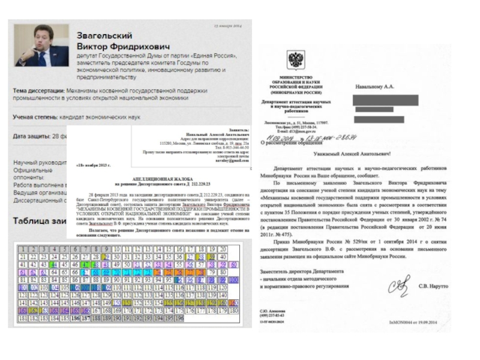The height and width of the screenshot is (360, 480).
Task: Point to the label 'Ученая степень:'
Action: click(x=35, y=117)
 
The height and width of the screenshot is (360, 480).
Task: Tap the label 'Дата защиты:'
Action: click(x=31, y=136)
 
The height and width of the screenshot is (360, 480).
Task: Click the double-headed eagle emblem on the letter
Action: click(x=296, y=61)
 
